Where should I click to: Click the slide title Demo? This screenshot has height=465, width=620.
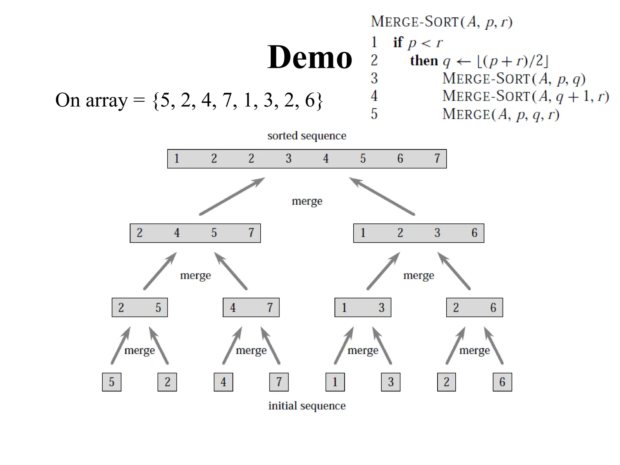coord(309,57)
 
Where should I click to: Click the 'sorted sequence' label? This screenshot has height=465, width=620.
coord(306,136)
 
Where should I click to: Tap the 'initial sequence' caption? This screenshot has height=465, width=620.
coord(307,406)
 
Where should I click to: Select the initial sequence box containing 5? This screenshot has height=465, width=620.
coord(112,382)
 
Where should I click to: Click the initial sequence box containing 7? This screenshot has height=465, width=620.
coord(279,382)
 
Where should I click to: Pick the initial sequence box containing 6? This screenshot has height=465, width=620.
coord(502,382)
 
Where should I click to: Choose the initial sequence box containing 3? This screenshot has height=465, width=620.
coord(391,382)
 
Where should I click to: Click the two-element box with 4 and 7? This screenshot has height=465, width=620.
coord(251,308)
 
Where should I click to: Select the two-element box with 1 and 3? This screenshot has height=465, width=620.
coord(363,308)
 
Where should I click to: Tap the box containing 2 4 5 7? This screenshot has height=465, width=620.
coord(195,233)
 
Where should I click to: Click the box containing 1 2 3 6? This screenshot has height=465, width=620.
coord(419,233)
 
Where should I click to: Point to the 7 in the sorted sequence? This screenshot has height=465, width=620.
coord(437,159)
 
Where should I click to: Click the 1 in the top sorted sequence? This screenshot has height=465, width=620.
coord(177,159)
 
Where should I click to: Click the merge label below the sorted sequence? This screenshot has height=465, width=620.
coord(307,201)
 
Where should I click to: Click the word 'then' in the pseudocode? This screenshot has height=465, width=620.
coord(424,61)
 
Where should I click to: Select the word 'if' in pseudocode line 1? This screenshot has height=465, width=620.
coord(398,42)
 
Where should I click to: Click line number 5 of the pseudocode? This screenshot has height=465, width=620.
coord(374,114)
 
